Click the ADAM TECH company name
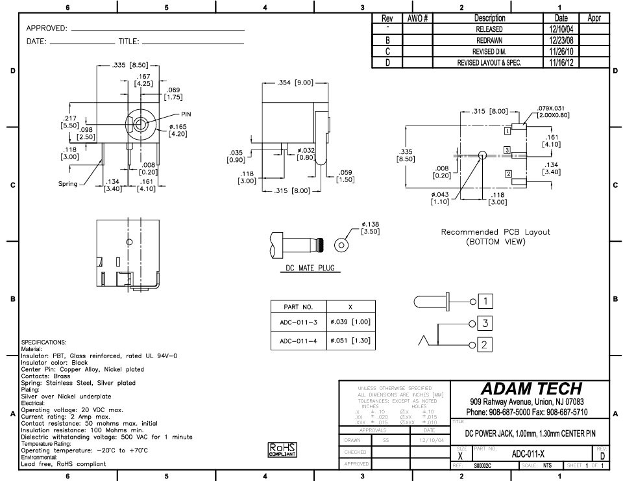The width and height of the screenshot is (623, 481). (x=531, y=389)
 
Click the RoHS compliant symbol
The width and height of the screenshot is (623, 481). (x=282, y=450)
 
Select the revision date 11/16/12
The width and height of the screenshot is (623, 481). (x=561, y=63)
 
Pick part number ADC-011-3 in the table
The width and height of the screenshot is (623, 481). (x=298, y=322)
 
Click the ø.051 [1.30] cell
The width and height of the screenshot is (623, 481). (x=350, y=340)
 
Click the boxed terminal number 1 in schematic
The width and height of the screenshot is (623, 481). (x=486, y=301)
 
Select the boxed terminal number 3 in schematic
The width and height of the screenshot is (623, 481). (x=486, y=323)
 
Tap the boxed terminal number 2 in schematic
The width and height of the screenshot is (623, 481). (x=486, y=344)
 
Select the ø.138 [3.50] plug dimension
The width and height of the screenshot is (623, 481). (x=370, y=227)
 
